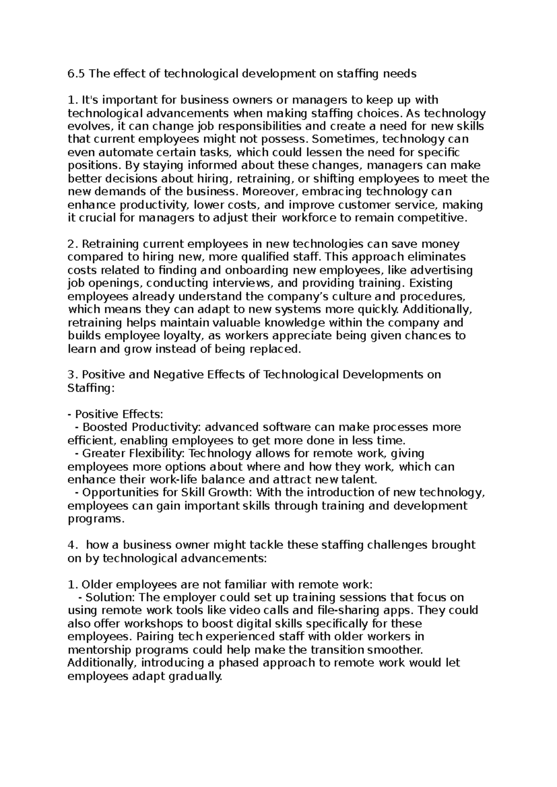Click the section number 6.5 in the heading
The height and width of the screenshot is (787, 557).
click(77, 74)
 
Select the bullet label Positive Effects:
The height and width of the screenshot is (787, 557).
click(119, 414)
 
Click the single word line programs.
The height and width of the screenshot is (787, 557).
click(96, 519)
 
